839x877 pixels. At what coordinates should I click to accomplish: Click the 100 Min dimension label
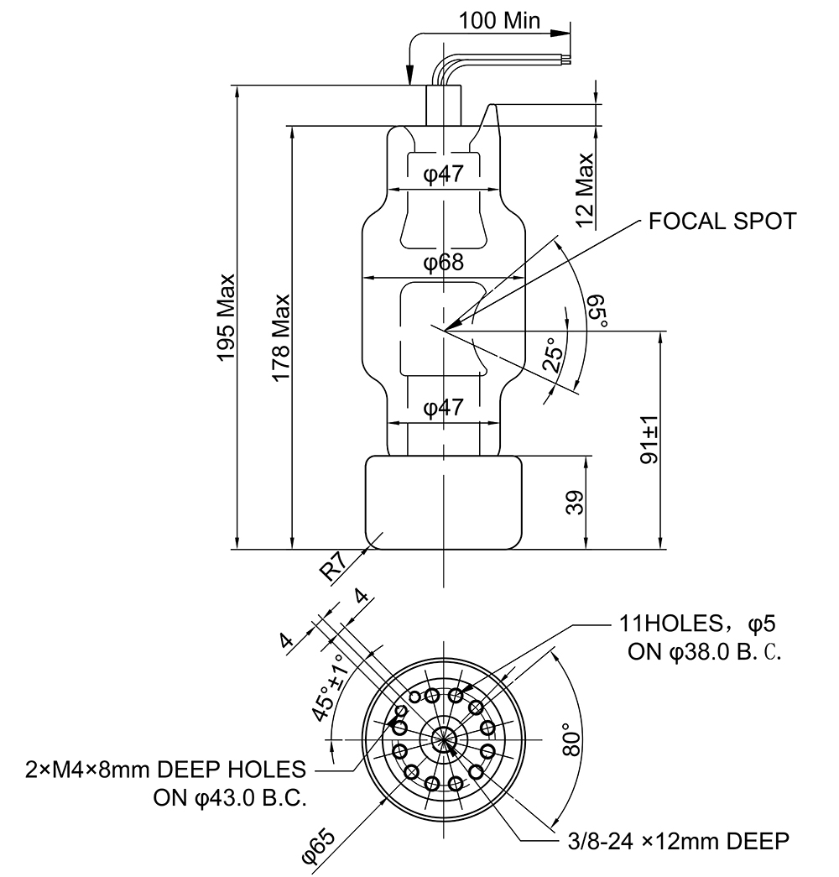500,21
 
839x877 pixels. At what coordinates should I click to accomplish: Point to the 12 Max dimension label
585,191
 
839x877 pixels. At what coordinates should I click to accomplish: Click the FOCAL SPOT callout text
722,222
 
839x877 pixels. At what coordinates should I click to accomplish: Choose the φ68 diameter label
443,264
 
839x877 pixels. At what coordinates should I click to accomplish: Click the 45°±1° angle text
328,686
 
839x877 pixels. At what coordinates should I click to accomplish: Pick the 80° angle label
571,739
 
